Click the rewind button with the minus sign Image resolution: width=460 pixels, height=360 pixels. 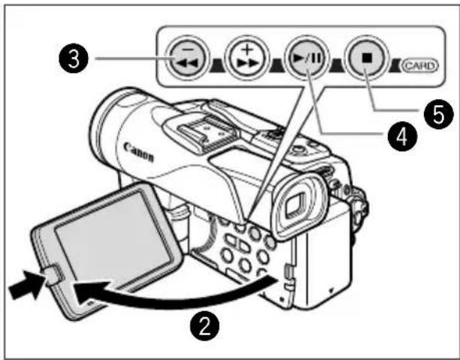(x=187, y=58)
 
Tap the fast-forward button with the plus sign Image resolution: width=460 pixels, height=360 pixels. (x=247, y=58)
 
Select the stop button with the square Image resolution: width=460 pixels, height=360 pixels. (x=367, y=58)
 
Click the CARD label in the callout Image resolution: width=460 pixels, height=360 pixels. (x=420, y=65)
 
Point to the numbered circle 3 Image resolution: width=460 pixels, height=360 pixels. (x=74, y=59)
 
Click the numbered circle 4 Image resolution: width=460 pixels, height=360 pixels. (x=402, y=137)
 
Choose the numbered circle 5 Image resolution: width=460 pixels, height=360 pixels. (x=438, y=114)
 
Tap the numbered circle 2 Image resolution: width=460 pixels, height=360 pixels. (x=204, y=325)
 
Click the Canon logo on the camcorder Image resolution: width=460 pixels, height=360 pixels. (x=138, y=151)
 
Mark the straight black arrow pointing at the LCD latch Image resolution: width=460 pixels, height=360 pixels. (x=26, y=285)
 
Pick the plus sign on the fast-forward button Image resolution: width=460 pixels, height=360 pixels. (x=248, y=49)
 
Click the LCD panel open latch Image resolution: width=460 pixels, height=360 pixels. (x=53, y=275)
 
